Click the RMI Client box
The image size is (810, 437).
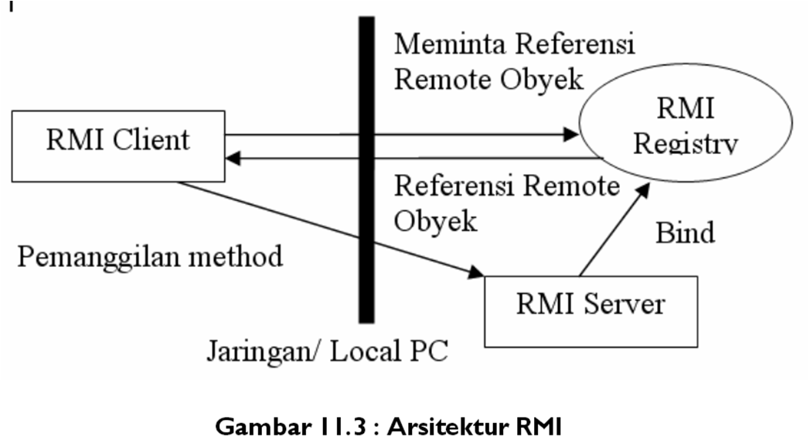pyautogui.click(x=118, y=146)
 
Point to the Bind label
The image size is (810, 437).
pyautogui.click(x=685, y=232)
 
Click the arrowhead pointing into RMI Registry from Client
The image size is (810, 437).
pyautogui.click(x=572, y=135)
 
